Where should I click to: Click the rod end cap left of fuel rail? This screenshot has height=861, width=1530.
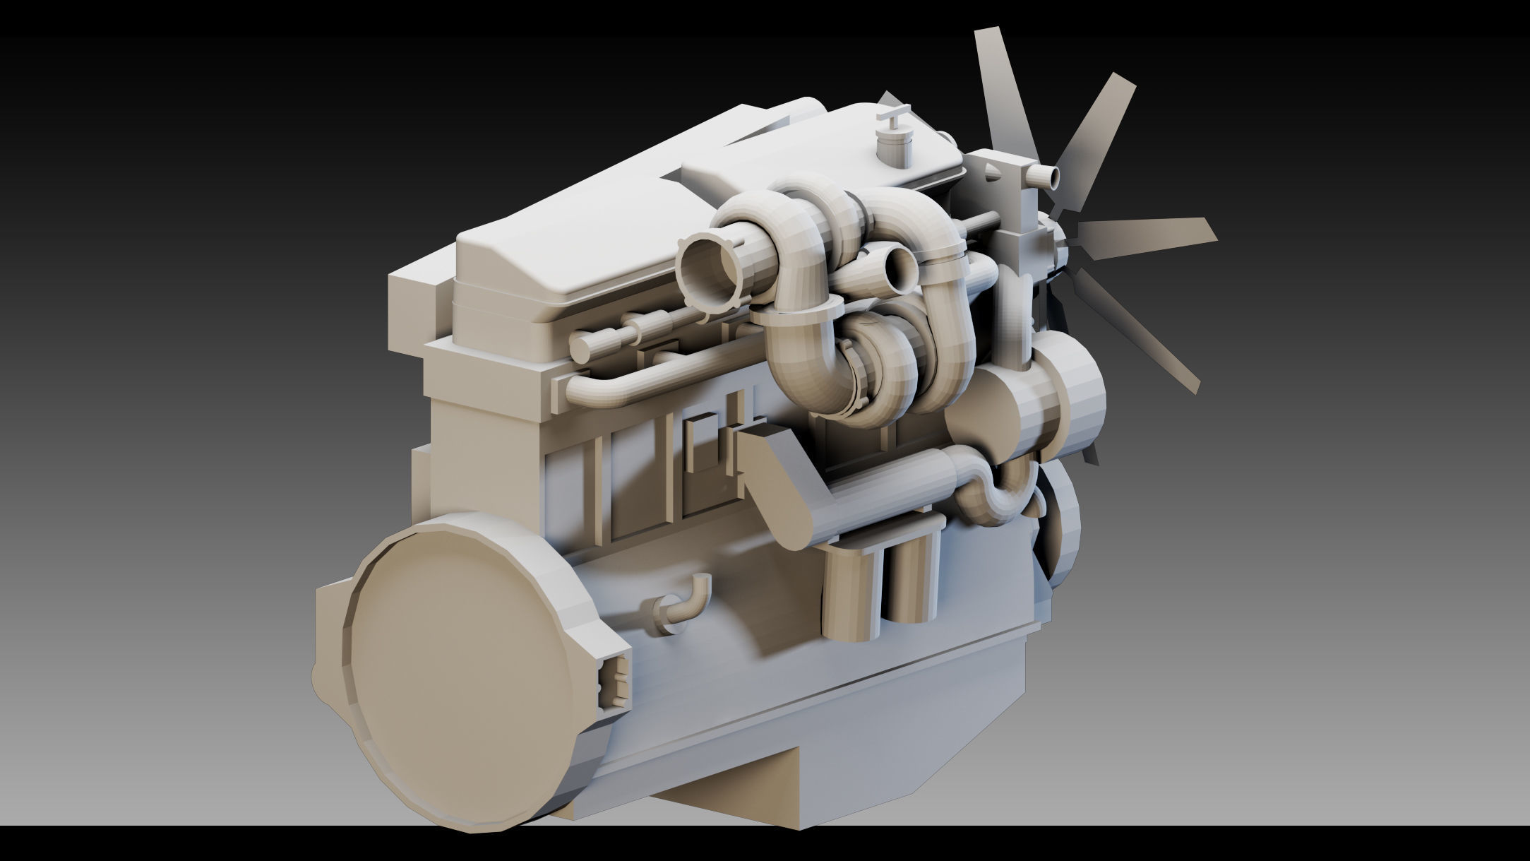click(x=582, y=346)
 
